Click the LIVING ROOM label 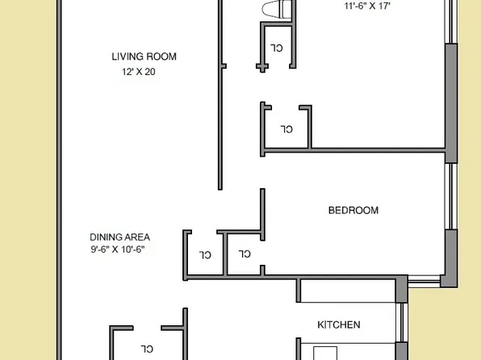pos(144,57)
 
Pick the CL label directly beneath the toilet pos(276,48)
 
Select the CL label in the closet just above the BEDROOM pos(286,128)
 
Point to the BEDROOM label pos(353,211)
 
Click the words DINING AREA pos(119,237)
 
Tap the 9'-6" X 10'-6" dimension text pos(122,249)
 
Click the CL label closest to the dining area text pos(205,255)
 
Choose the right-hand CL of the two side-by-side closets pos(245,254)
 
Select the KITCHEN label pos(338,325)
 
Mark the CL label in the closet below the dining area pos(147,349)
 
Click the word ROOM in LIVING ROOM pos(161,57)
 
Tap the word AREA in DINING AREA pos(137,237)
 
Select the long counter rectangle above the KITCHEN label pos(348,290)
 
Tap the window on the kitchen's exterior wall pos(401,323)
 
